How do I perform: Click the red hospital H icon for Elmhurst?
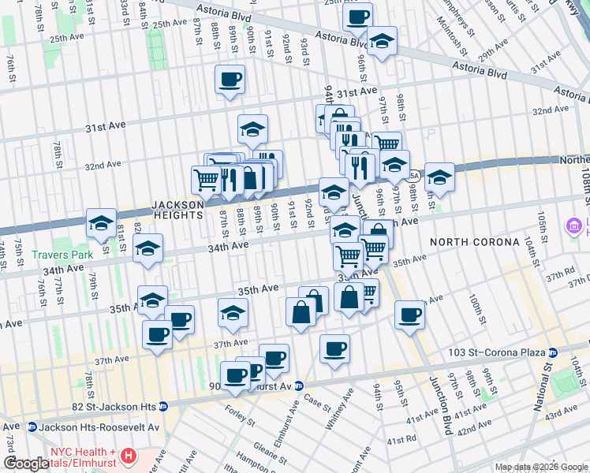point(128,456)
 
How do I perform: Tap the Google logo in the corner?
point(27,464)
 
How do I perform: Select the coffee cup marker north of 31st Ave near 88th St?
point(230,80)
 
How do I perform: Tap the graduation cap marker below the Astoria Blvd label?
point(382,42)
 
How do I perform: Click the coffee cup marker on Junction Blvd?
point(409,315)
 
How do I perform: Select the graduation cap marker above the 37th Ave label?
point(233,314)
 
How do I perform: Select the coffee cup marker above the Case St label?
point(335,348)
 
